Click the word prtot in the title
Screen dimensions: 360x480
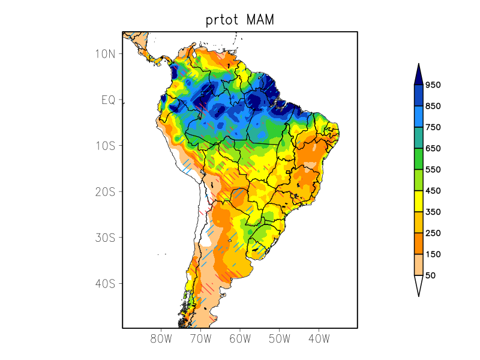click(x=221, y=21)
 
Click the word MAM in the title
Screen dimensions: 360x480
click(x=259, y=20)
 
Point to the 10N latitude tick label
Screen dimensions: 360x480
click(x=105, y=54)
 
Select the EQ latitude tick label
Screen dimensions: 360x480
click(x=108, y=100)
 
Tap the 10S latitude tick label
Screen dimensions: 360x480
click(x=105, y=146)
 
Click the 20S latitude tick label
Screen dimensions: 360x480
click(x=105, y=192)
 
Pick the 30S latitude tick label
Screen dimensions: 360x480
click(x=105, y=238)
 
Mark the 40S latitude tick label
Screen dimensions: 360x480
click(x=105, y=283)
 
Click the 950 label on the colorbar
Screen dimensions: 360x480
click(x=433, y=85)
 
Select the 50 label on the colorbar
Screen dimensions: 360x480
click(x=430, y=275)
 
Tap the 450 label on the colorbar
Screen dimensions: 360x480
click(x=433, y=191)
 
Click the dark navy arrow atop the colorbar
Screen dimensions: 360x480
click(x=418, y=75)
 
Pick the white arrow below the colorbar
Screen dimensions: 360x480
click(x=418, y=284)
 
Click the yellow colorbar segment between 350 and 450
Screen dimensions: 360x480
click(x=418, y=201)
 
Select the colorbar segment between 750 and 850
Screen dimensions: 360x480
click(x=418, y=116)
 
